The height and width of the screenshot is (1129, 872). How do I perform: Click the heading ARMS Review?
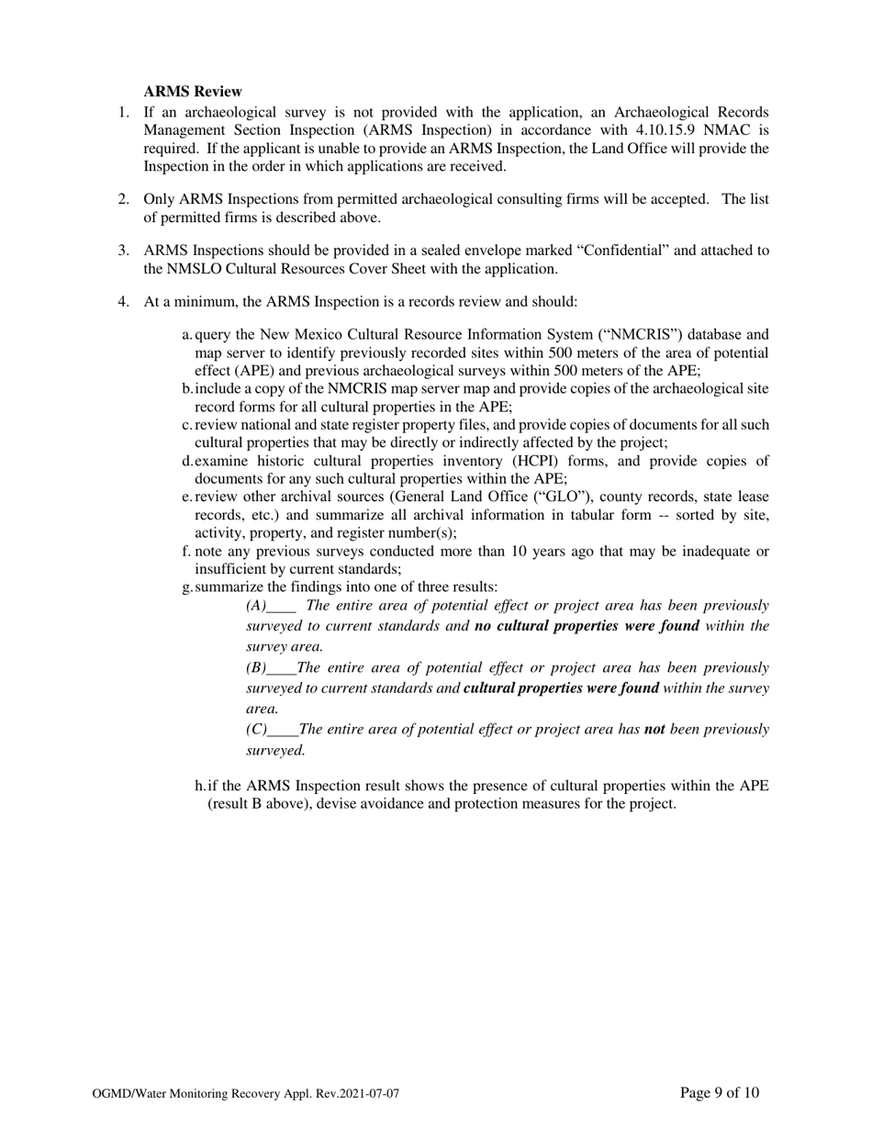(x=193, y=92)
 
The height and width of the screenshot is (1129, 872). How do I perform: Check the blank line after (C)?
(x=284, y=730)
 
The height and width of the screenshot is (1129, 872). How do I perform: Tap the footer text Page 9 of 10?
(x=720, y=1092)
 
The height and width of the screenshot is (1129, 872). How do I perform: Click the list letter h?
(x=199, y=786)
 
